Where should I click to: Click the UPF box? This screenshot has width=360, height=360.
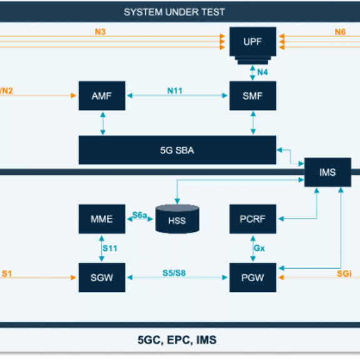click(252, 42)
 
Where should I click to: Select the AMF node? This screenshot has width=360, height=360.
click(102, 96)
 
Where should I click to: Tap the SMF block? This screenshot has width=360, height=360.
click(252, 96)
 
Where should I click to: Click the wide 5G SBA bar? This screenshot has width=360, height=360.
click(177, 150)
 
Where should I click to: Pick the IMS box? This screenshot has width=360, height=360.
click(327, 172)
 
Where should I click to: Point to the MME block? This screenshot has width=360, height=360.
click(102, 219)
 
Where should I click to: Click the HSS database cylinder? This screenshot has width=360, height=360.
click(177, 219)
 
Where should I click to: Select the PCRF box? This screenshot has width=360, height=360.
click(252, 219)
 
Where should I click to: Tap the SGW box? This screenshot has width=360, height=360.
click(102, 277)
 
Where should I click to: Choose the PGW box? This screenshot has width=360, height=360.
click(252, 277)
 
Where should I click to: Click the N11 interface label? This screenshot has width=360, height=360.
click(175, 91)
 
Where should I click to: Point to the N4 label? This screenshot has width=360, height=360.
click(262, 72)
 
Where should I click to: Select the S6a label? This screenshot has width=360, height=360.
click(139, 215)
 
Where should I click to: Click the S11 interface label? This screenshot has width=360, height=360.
click(110, 248)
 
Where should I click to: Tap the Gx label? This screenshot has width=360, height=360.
click(259, 248)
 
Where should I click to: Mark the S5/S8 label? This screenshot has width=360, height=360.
click(174, 273)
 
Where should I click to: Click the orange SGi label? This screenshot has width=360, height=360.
click(344, 274)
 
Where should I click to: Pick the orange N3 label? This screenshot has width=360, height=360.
click(101, 32)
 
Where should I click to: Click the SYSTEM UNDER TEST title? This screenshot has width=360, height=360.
click(174, 12)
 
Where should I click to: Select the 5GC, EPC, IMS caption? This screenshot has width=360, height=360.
click(177, 340)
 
